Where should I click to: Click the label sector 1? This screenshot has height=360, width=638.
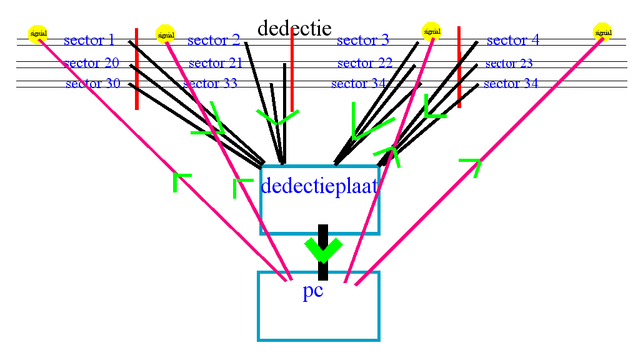tap(89, 41)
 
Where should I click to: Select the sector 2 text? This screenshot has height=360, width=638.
tap(213, 41)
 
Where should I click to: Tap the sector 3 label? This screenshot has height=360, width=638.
tap(362, 41)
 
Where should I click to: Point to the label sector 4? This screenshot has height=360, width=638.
tap(512, 41)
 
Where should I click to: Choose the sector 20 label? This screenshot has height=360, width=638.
tap(91, 63)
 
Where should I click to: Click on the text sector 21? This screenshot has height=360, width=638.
tap(215, 63)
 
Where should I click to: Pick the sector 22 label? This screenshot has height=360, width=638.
tap(364, 63)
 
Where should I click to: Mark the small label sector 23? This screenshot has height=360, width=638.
tap(509, 63)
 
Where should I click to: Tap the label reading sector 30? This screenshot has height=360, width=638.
tap(92, 84)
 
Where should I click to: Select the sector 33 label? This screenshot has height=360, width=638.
tap(211, 84)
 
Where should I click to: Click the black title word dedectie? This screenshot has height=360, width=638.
tap(294, 28)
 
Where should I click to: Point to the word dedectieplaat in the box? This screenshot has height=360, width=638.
tap(319, 186)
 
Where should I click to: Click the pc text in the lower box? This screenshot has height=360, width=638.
tap(313, 292)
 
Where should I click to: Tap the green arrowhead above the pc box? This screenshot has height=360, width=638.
tap(323, 250)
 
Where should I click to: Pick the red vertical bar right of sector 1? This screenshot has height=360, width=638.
tap(136, 69)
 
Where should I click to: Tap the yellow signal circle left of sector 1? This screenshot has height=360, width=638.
tap(38, 33)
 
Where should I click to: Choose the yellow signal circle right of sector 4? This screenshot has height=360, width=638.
tap(602, 32)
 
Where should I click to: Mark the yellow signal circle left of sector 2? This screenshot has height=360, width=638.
tap(165, 34)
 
